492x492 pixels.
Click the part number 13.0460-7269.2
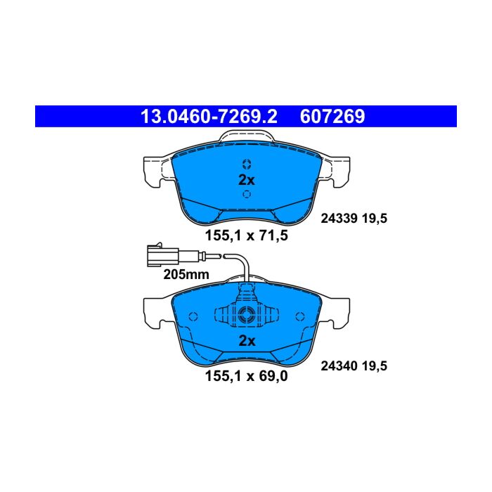point(209,117)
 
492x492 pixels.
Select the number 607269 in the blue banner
point(332,117)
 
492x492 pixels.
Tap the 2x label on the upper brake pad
point(247,180)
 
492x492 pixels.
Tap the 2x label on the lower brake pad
point(247,340)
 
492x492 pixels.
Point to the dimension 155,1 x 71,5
point(246,235)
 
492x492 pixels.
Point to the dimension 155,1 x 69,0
point(246,376)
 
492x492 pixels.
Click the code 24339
point(339,219)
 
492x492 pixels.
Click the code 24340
point(339,366)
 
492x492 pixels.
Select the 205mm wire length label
point(186,275)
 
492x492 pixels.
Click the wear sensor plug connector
point(163,254)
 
